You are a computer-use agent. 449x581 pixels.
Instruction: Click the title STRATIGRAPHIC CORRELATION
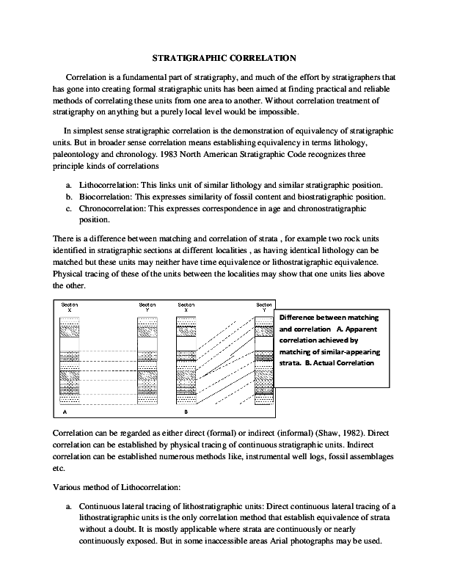tap(224, 56)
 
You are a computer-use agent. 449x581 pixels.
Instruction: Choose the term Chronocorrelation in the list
tap(113, 208)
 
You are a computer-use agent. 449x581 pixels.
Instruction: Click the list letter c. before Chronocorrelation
tap(68, 208)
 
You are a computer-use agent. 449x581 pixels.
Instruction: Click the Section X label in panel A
tap(70, 307)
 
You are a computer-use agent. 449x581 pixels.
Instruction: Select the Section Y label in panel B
tap(263, 307)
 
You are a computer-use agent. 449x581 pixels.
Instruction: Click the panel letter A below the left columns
tap(65, 413)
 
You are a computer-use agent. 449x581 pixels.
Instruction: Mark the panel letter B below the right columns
tap(186, 413)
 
